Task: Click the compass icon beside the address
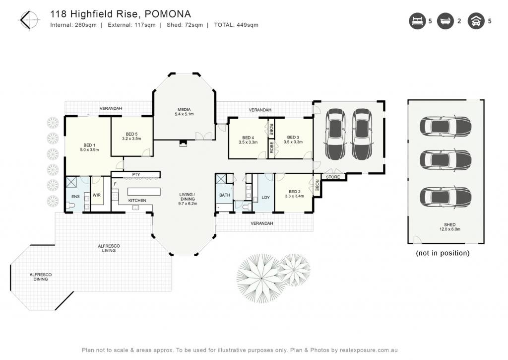pos(29,20)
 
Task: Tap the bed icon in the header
pos(417,21)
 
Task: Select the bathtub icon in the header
pos(445,21)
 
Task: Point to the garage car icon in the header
pos(476,21)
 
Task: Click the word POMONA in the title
pos(168,14)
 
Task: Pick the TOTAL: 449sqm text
pos(236,25)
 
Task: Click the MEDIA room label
pos(184,110)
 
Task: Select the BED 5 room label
pos(131,134)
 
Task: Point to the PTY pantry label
pos(136,174)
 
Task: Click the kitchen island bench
pos(144,191)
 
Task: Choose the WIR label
pos(97,195)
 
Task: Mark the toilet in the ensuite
pos(70,205)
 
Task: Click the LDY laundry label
pos(266,197)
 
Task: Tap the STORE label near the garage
pos(333,177)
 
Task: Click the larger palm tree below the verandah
pos(261,278)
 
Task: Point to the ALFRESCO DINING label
pos(41,277)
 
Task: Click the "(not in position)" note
pos(443,253)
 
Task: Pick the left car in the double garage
pos(335,134)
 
